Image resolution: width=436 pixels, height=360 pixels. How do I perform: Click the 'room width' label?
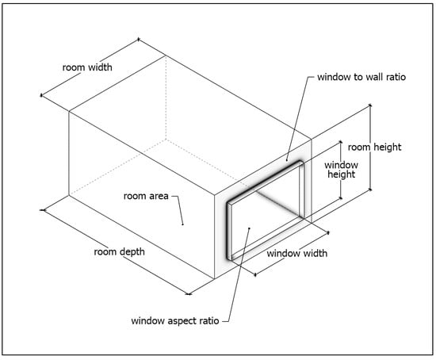click(x=87, y=67)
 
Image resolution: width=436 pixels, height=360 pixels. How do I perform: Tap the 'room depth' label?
click(x=119, y=252)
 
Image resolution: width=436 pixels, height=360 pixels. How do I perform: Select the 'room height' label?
click(x=374, y=147)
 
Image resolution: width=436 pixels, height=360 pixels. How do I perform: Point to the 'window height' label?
click(x=341, y=170)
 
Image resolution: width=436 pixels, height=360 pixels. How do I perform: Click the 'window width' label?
click(x=297, y=254)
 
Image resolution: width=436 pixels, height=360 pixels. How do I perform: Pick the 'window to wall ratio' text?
click(x=361, y=77)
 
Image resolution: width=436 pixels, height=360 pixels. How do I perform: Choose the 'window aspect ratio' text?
click(x=175, y=321)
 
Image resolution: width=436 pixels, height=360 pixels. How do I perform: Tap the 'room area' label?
click(x=146, y=196)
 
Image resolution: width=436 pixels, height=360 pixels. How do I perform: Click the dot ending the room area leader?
click(x=182, y=224)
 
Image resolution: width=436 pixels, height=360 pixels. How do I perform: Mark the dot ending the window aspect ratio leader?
click(x=250, y=228)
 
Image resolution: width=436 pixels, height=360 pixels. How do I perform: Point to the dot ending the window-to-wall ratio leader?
click(x=287, y=160)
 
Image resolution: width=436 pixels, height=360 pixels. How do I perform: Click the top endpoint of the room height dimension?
click(x=370, y=105)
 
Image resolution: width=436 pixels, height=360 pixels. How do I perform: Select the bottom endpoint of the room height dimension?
click(x=370, y=190)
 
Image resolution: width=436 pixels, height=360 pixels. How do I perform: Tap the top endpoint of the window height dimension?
click(x=341, y=142)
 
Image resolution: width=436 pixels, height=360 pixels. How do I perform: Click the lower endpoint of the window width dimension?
click(x=255, y=275)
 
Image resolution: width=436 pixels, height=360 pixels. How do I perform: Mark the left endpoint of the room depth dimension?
click(x=43, y=210)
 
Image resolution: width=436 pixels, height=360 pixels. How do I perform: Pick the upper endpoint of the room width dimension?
click(x=139, y=39)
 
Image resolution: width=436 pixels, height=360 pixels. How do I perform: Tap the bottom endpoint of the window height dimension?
click(x=341, y=198)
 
